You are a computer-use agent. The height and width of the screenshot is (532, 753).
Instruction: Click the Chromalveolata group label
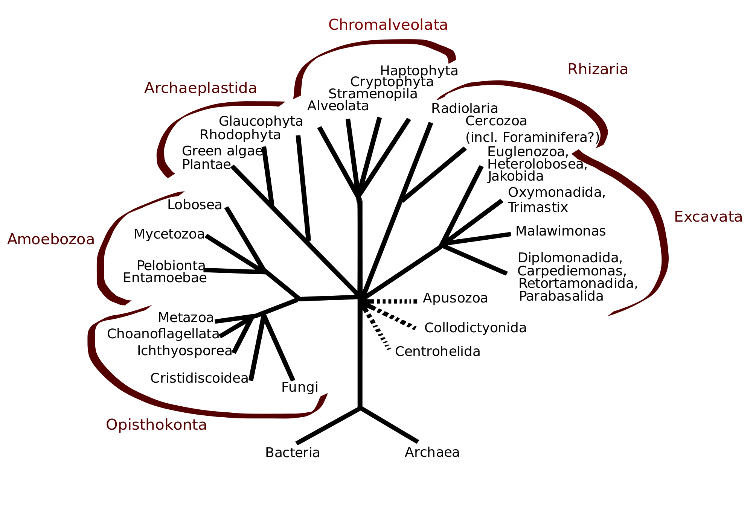[x=388, y=25]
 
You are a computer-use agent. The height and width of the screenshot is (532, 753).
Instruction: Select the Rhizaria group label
[x=598, y=70]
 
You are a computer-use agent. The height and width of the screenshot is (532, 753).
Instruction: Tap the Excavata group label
[x=708, y=217]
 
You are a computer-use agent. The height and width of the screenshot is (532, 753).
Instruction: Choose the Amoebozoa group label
[x=51, y=240]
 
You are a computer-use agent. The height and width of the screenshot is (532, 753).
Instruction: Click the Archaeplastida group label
[x=200, y=88]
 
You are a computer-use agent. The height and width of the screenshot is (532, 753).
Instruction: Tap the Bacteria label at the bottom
[x=293, y=453]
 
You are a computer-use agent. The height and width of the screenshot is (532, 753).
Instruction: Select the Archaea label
[x=432, y=452]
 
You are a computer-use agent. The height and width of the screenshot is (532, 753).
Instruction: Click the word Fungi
[x=300, y=387]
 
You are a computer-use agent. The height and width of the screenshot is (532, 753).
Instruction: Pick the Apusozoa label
[x=455, y=298]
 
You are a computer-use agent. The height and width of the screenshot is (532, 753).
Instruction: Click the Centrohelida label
[x=437, y=352]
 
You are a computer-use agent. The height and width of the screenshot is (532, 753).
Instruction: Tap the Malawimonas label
[x=561, y=231]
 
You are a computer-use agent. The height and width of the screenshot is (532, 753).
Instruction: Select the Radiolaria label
[x=465, y=109]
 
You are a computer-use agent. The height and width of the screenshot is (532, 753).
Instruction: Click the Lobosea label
[x=195, y=205]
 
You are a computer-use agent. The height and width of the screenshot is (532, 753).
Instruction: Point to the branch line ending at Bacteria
[x=328, y=426]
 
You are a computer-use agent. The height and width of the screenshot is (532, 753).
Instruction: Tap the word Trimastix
[x=538, y=207]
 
